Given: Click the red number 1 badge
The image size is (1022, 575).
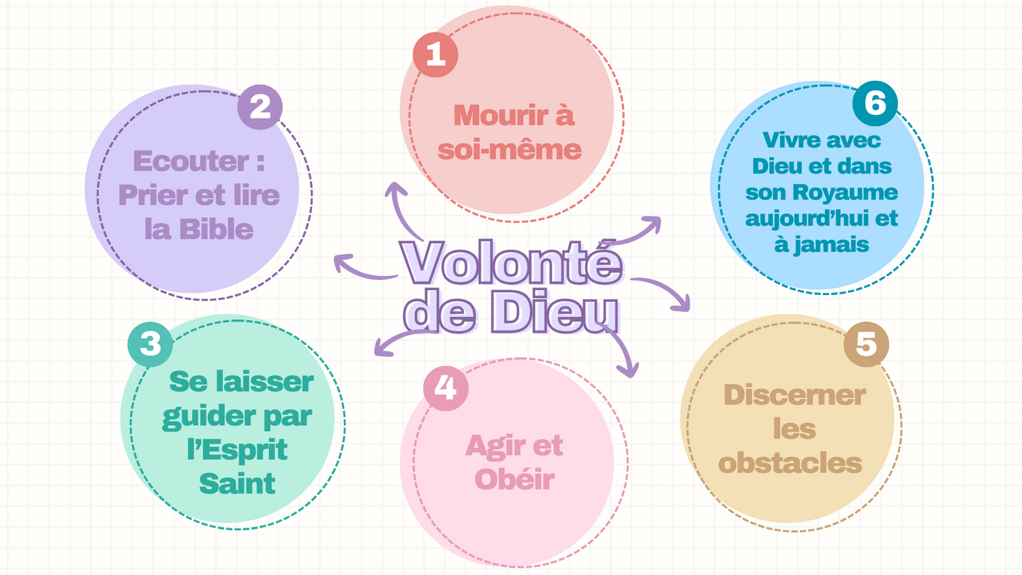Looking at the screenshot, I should [435, 55].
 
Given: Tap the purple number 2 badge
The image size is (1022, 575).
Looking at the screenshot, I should [260, 107].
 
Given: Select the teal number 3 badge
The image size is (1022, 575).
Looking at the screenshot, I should [150, 344].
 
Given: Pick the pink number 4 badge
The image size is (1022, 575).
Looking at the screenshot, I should [446, 388].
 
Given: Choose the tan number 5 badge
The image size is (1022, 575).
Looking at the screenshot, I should [866, 344].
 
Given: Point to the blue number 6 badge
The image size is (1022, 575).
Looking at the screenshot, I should [875, 104].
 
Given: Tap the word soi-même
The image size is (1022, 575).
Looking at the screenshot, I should [510, 150].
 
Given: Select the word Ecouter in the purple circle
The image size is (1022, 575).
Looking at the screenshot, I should [191, 161].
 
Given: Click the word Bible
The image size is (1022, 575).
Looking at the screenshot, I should [217, 230].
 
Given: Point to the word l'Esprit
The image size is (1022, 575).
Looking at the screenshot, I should [237, 450].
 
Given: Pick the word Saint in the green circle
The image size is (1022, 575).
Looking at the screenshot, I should [237, 484].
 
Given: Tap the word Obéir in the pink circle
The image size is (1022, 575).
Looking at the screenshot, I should [514, 480].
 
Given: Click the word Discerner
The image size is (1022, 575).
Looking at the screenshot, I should [794, 396].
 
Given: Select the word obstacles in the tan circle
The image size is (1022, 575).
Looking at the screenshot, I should [790, 464].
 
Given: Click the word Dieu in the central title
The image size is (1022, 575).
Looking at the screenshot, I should [555, 313].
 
